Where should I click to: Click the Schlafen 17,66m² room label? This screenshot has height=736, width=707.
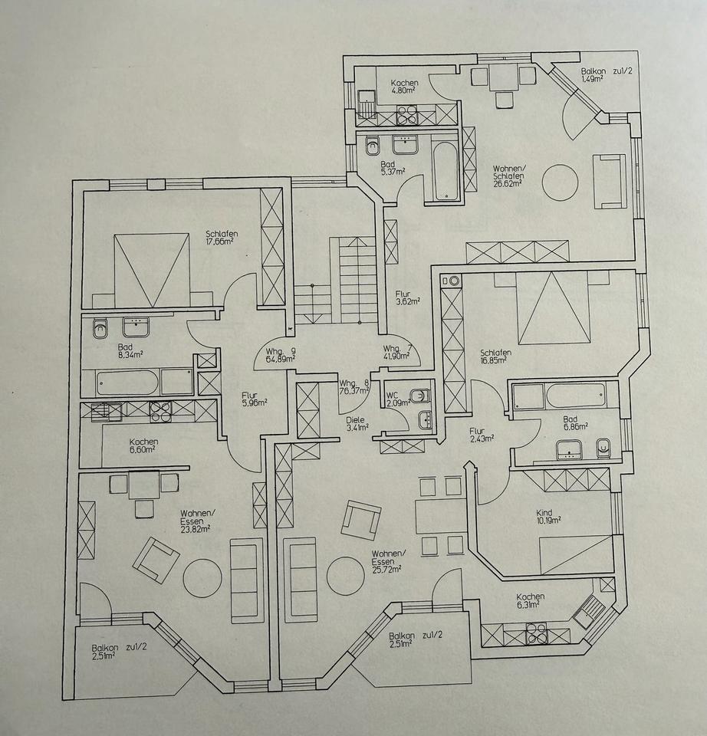[219, 238]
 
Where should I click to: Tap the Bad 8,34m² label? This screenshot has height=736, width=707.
[107, 350]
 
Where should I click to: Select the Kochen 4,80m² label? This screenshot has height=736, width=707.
[403, 87]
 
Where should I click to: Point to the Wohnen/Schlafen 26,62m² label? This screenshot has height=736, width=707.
[508, 173]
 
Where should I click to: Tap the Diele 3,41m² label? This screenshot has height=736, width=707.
[355, 423]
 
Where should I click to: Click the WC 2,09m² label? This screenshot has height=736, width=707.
[397, 398]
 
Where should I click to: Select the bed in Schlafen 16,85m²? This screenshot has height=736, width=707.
[554, 309]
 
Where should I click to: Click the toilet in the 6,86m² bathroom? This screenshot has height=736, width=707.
[603, 446]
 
